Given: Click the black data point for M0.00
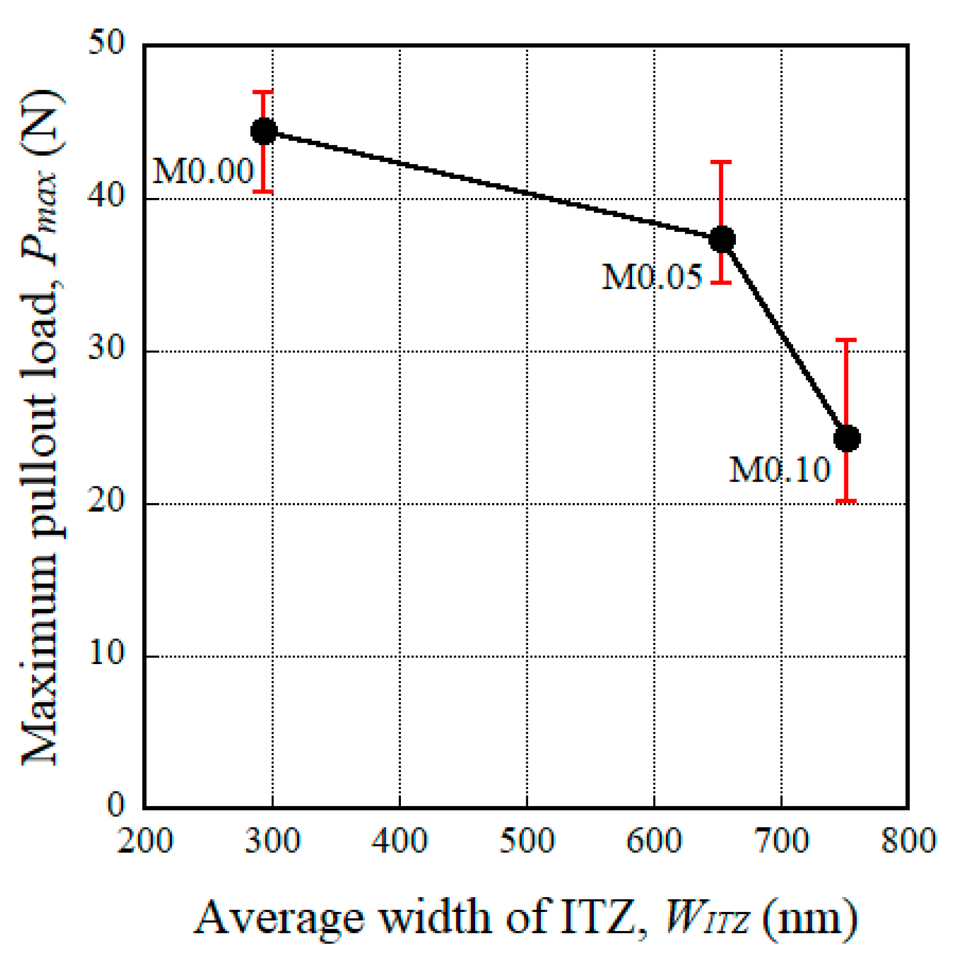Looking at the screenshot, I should point(264,131).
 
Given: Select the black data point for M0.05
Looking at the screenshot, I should point(722,239).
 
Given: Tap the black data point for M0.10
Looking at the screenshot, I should point(847,438).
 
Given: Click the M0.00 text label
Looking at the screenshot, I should point(203,171).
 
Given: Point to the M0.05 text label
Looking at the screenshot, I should point(652,277).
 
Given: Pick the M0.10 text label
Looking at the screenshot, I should point(780,470).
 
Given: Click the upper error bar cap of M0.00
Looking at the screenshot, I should point(263,92).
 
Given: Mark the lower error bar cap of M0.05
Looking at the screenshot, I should point(721,283).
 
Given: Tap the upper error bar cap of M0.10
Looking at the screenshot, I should point(847,339).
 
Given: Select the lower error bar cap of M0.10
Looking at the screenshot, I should point(847,501).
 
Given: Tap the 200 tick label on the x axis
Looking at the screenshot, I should point(145,841).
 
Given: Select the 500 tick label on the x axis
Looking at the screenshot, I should point(527,841).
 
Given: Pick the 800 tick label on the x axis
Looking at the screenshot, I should point(908,841).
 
